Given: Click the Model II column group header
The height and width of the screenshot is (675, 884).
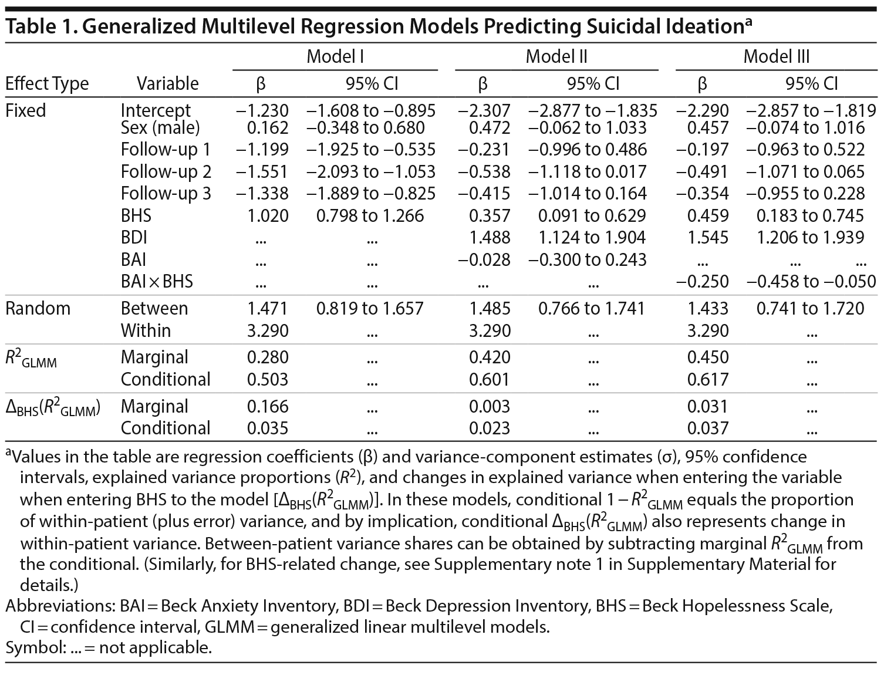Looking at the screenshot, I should pos(556,56).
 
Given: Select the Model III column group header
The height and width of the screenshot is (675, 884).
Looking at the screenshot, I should pos(776,56).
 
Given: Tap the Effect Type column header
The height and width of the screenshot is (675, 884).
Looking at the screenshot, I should pos(47,83).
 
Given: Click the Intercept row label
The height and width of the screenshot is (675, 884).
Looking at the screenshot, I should pos(156,110).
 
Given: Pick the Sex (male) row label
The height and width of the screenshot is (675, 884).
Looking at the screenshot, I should pos(160,127).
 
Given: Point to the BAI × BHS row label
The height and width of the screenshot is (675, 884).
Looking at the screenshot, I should pos(157,282).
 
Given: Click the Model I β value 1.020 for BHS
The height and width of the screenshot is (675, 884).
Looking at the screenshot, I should pos(268,215).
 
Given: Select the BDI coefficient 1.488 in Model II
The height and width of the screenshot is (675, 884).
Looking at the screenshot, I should pos(490,237).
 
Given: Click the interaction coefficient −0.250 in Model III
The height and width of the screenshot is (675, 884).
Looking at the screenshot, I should pos(703,282).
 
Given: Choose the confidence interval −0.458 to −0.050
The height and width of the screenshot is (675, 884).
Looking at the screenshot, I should pos(811,282).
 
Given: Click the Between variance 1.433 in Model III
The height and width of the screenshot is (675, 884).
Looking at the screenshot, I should pos(708,308).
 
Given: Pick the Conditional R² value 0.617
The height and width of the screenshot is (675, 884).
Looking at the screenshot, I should pos(708,379).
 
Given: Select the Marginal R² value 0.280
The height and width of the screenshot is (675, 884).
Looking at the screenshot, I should pos(268,357).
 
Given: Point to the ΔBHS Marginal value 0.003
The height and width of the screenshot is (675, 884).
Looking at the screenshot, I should pos(490,406).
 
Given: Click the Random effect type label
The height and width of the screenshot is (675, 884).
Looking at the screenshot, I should pos(38,308).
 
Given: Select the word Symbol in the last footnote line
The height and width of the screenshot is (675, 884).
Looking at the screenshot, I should pos(28,648).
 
